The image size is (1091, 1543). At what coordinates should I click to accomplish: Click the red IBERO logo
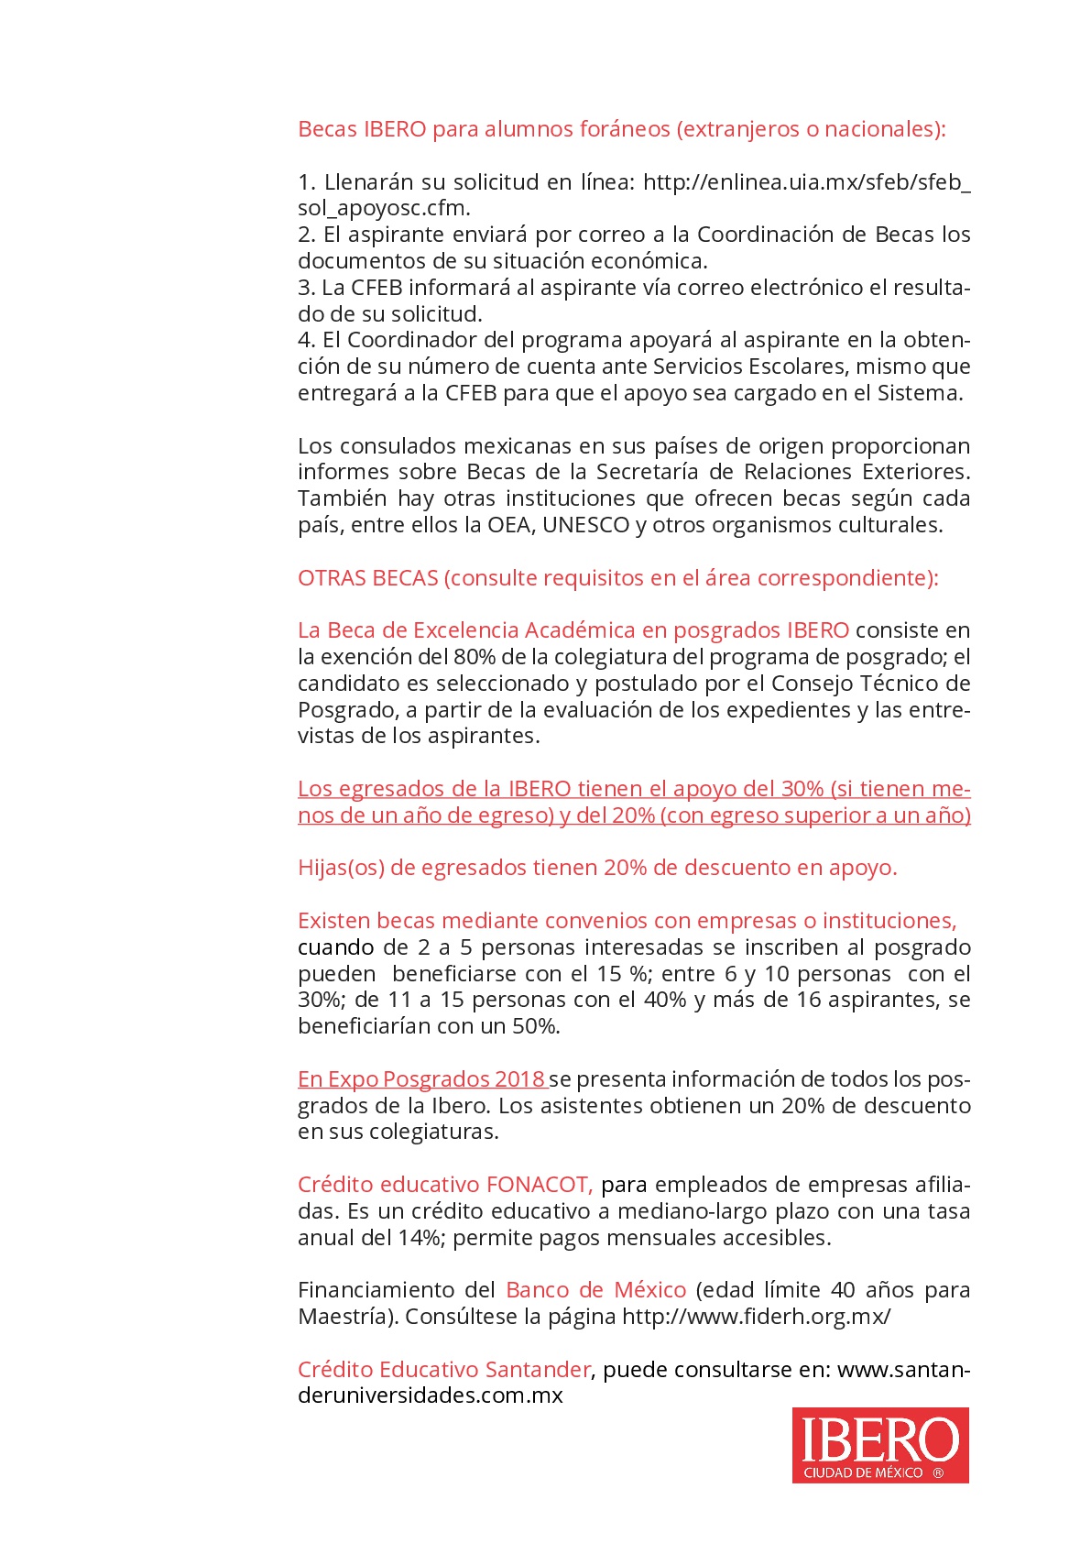point(879,1443)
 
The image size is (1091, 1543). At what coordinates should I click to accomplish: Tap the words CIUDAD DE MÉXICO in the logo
point(863,1472)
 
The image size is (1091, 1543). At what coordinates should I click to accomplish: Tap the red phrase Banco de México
point(595,1290)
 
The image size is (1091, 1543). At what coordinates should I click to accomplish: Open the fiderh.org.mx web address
point(756,1317)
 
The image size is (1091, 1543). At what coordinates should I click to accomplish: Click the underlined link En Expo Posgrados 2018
point(421,1079)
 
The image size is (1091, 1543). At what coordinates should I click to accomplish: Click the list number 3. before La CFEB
point(306,288)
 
